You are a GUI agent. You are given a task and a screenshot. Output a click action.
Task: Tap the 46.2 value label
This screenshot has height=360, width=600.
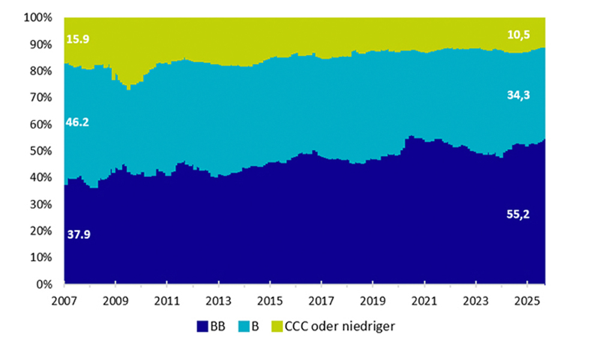pyautogui.click(x=78, y=123)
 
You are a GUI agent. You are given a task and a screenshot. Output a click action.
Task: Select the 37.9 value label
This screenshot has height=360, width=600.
pyautogui.click(x=78, y=235)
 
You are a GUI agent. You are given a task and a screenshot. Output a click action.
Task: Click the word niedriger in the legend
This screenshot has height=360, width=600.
pyautogui.click(x=371, y=327)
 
